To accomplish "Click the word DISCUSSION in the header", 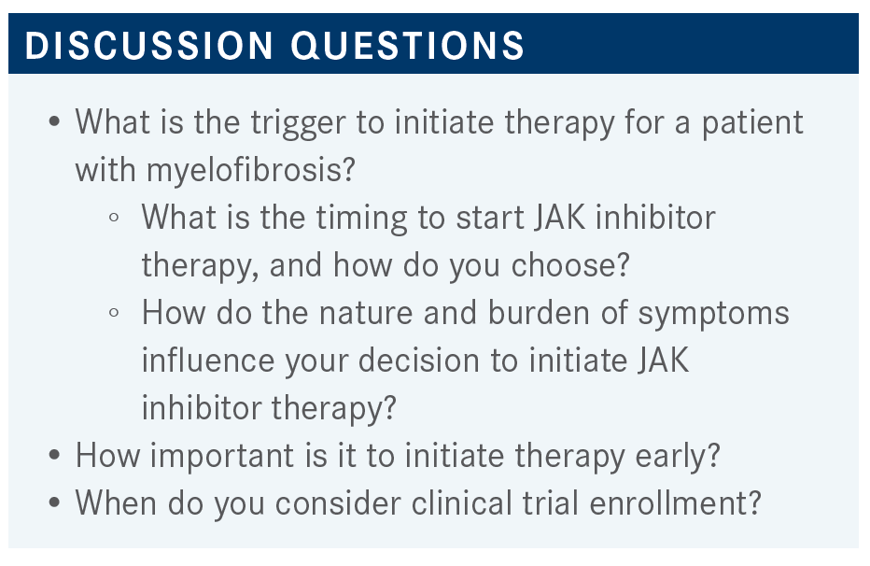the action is [x=148, y=45].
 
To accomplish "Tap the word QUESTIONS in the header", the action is [x=407, y=46].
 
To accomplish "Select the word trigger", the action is [x=298, y=123].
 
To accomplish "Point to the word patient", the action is [x=752, y=123].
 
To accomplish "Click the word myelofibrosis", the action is [x=250, y=170].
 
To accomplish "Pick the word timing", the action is [x=362, y=218].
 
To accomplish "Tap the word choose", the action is [x=570, y=265].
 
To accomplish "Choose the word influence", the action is [x=208, y=361].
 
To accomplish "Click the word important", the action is [x=222, y=457].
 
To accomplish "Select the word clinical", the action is [x=462, y=503].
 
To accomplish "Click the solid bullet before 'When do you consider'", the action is [x=54, y=502].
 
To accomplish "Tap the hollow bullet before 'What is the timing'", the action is [x=114, y=217].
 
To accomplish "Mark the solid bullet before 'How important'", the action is [x=54, y=455].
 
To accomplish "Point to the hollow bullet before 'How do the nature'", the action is [x=114, y=313].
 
